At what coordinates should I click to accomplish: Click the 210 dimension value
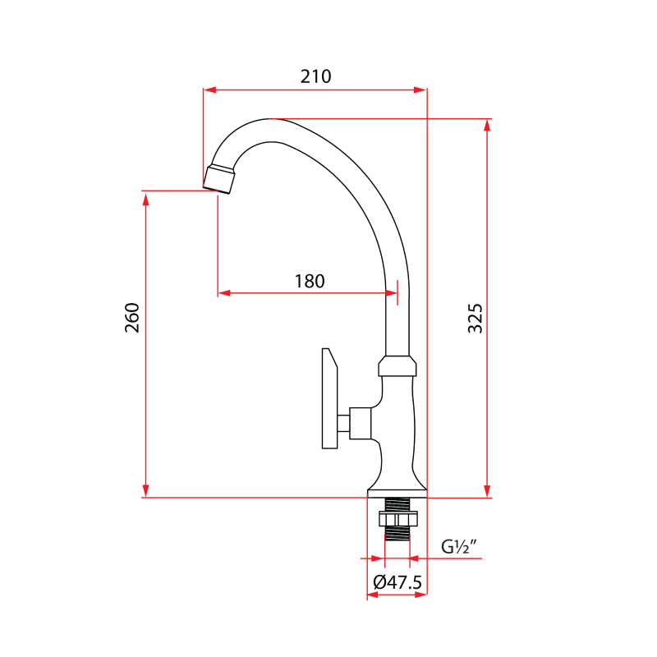pyautogui.click(x=315, y=76)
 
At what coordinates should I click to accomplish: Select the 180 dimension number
pyautogui.click(x=310, y=281)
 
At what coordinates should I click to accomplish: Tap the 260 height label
pyautogui.click(x=132, y=318)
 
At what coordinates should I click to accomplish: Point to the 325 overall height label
pyautogui.click(x=476, y=318)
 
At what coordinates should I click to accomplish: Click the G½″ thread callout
pyautogui.click(x=459, y=546)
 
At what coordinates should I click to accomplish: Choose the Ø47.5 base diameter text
pyautogui.click(x=397, y=582)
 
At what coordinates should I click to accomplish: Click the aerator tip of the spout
pyautogui.click(x=219, y=178)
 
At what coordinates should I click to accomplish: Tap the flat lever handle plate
pyautogui.click(x=329, y=399)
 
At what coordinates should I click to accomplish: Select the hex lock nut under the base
pyautogui.click(x=397, y=518)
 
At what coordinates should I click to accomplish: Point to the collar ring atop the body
pyautogui.click(x=398, y=366)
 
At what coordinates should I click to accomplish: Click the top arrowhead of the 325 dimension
pyautogui.click(x=488, y=125)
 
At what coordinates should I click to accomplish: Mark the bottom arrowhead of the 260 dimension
pyautogui.click(x=146, y=491)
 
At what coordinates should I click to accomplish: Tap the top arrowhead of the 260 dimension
pyautogui.click(x=146, y=197)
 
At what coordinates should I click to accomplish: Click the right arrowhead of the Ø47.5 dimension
pyautogui.click(x=421, y=595)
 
